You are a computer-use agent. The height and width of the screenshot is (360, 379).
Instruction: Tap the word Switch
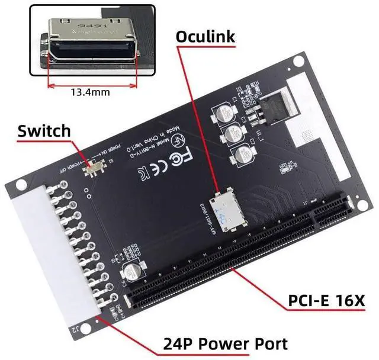(44, 131)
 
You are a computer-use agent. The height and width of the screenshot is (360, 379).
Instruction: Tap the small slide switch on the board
(92, 169)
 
